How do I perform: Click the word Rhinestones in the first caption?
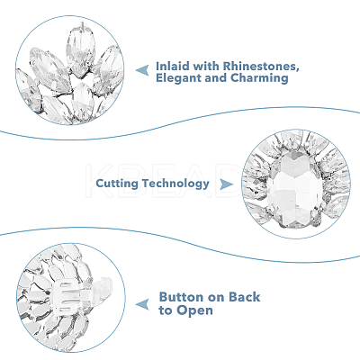point(260,67)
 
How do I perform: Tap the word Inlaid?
point(173,66)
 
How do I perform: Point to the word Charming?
point(259,78)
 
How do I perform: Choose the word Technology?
point(175,184)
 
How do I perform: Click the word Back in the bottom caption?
point(245,297)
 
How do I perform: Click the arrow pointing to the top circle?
point(142,70)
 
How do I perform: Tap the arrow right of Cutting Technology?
point(226,184)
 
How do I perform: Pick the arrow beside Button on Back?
point(142,304)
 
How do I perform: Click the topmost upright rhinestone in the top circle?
point(80,48)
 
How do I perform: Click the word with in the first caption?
point(206,66)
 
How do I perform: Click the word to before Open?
point(166,310)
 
